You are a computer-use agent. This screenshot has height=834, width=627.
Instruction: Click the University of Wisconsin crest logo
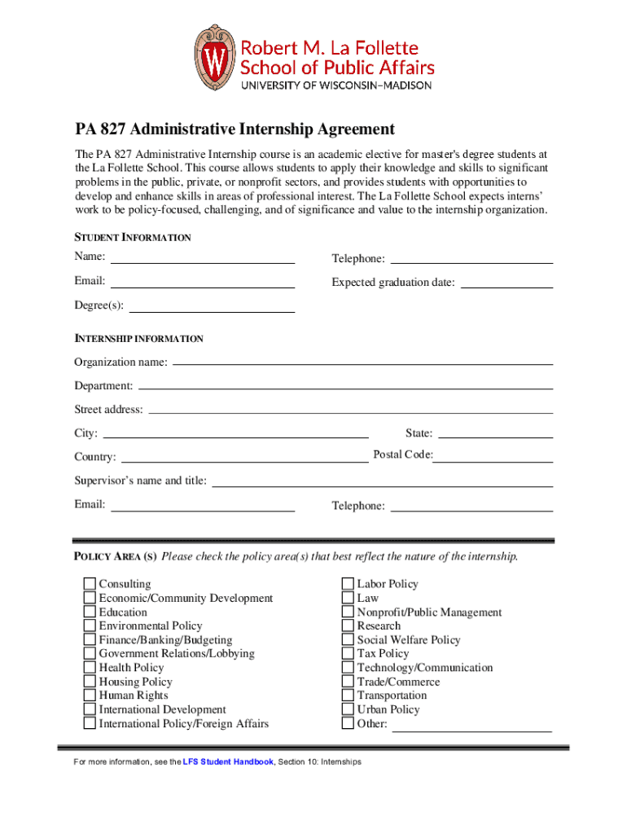(214, 58)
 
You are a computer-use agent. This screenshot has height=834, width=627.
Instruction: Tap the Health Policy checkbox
(90, 668)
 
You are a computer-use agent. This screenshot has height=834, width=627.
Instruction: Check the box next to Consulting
(90, 584)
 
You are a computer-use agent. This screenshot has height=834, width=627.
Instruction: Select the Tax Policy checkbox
(348, 653)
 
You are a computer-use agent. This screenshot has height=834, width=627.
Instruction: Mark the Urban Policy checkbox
(348, 709)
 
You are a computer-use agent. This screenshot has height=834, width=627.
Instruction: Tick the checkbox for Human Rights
(90, 696)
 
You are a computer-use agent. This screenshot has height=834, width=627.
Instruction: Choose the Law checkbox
(348, 598)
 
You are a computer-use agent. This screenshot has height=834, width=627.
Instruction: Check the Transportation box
(348, 696)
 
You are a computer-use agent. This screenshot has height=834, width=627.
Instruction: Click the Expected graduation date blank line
(506, 283)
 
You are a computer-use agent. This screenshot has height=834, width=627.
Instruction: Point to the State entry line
(495, 432)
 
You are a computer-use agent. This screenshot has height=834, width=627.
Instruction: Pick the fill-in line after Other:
(472, 726)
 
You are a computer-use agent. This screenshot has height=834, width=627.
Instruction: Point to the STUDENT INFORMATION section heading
(133, 238)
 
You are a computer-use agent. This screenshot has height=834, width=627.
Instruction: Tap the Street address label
(108, 410)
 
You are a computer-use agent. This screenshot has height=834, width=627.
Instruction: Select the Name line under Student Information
(202, 258)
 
